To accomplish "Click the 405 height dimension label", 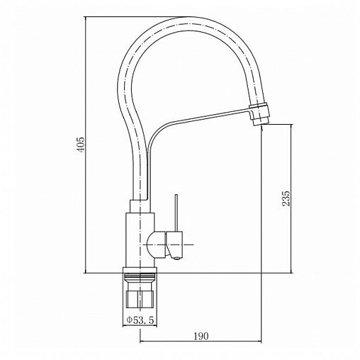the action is [80, 144].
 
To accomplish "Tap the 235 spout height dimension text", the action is [286, 198].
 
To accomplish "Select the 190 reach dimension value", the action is [201, 336].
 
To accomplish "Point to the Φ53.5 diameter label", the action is [140, 320].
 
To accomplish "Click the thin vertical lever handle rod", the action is [176, 213].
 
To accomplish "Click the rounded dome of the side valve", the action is [156, 245].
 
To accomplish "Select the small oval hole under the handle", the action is [176, 259].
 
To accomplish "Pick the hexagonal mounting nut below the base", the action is [140, 299].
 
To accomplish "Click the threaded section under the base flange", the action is [140, 276].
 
